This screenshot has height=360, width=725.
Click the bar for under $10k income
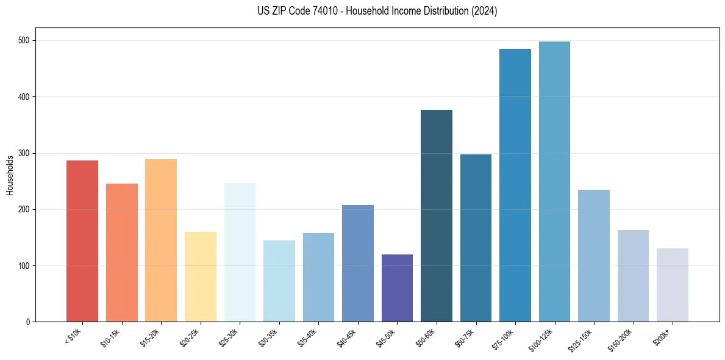(82, 241)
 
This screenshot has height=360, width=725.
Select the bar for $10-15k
(122, 253)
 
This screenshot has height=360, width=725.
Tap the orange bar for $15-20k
(161, 240)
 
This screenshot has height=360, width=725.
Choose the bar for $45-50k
(397, 288)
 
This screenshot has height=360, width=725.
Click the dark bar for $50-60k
(437, 215)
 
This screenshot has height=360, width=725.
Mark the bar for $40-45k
(358, 263)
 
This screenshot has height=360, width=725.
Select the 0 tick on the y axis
(29, 322)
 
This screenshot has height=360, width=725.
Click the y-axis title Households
(10, 175)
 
